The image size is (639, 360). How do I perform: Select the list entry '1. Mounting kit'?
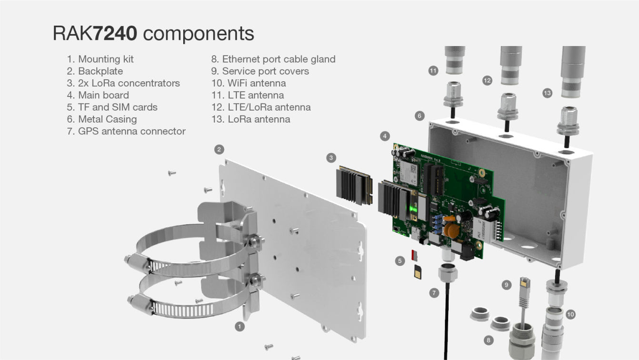coord(100,59)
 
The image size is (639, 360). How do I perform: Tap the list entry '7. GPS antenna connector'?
coord(126,131)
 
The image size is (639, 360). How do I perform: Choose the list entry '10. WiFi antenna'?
coord(248,83)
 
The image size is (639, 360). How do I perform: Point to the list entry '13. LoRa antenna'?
coord(250,119)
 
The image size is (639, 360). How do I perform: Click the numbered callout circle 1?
coord(240,326)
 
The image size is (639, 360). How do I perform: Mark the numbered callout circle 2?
coord(219,150)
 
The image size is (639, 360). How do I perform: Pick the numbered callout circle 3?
coord(331,157)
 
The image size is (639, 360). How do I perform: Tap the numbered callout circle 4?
coord(385,136)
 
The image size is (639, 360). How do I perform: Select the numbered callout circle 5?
coord(400,260)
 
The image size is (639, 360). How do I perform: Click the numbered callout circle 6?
coord(419,116)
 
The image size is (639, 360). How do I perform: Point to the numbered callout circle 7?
coord(434,293)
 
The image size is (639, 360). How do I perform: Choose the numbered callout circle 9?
coord(507,285)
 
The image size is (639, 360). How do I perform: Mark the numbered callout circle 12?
coord(487,81)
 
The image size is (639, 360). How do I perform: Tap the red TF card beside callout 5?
coord(414,255)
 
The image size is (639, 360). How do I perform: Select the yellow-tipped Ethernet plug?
coord(524,284)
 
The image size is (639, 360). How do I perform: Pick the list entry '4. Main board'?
coord(103,95)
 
